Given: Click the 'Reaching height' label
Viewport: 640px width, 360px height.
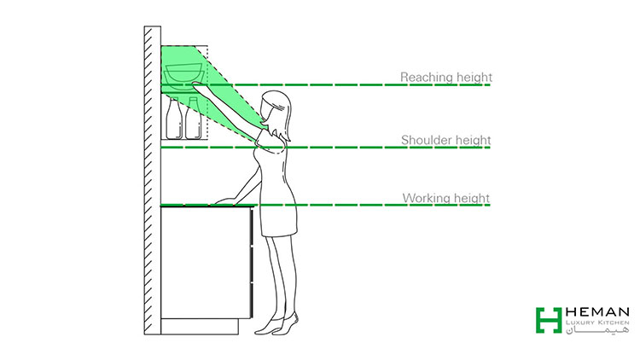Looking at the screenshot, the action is pyautogui.click(x=446, y=77).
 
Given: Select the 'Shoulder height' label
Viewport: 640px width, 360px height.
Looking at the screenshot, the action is pyautogui.click(x=446, y=140).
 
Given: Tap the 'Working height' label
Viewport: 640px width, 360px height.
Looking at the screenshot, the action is pyautogui.click(x=446, y=199).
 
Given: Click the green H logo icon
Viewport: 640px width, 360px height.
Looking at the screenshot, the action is pyautogui.click(x=549, y=321).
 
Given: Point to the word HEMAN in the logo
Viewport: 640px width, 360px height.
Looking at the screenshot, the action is pyautogui.click(x=597, y=312).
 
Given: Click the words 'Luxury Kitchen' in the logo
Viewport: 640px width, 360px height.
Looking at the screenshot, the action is pyautogui.click(x=597, y=322).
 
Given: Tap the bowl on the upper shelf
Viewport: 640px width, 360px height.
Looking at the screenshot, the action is pyautogui.click(x=183, y=77).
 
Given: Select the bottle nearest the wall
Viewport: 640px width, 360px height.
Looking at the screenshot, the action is pyautogui.click(x=174, y=119).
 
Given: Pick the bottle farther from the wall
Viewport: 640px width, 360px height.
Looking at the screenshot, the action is pyautogui.click(x=193, y=119).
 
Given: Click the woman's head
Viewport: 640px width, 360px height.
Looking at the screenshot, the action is pyautogui.click(x=276, y=108).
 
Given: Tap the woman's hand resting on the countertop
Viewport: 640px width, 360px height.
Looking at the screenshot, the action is pyautogui.click(x=225, y=200).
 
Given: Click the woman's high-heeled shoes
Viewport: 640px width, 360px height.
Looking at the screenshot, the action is pyautogui.click(x=276, y=325).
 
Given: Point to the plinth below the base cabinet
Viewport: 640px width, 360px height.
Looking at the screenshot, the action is pyautogui.click(x=200, y=327).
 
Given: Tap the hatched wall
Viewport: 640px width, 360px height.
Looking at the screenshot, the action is pyautogui.click(x=152, y=180).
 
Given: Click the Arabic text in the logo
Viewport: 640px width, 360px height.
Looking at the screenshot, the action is pyautogui.click(x=597, y=330).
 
